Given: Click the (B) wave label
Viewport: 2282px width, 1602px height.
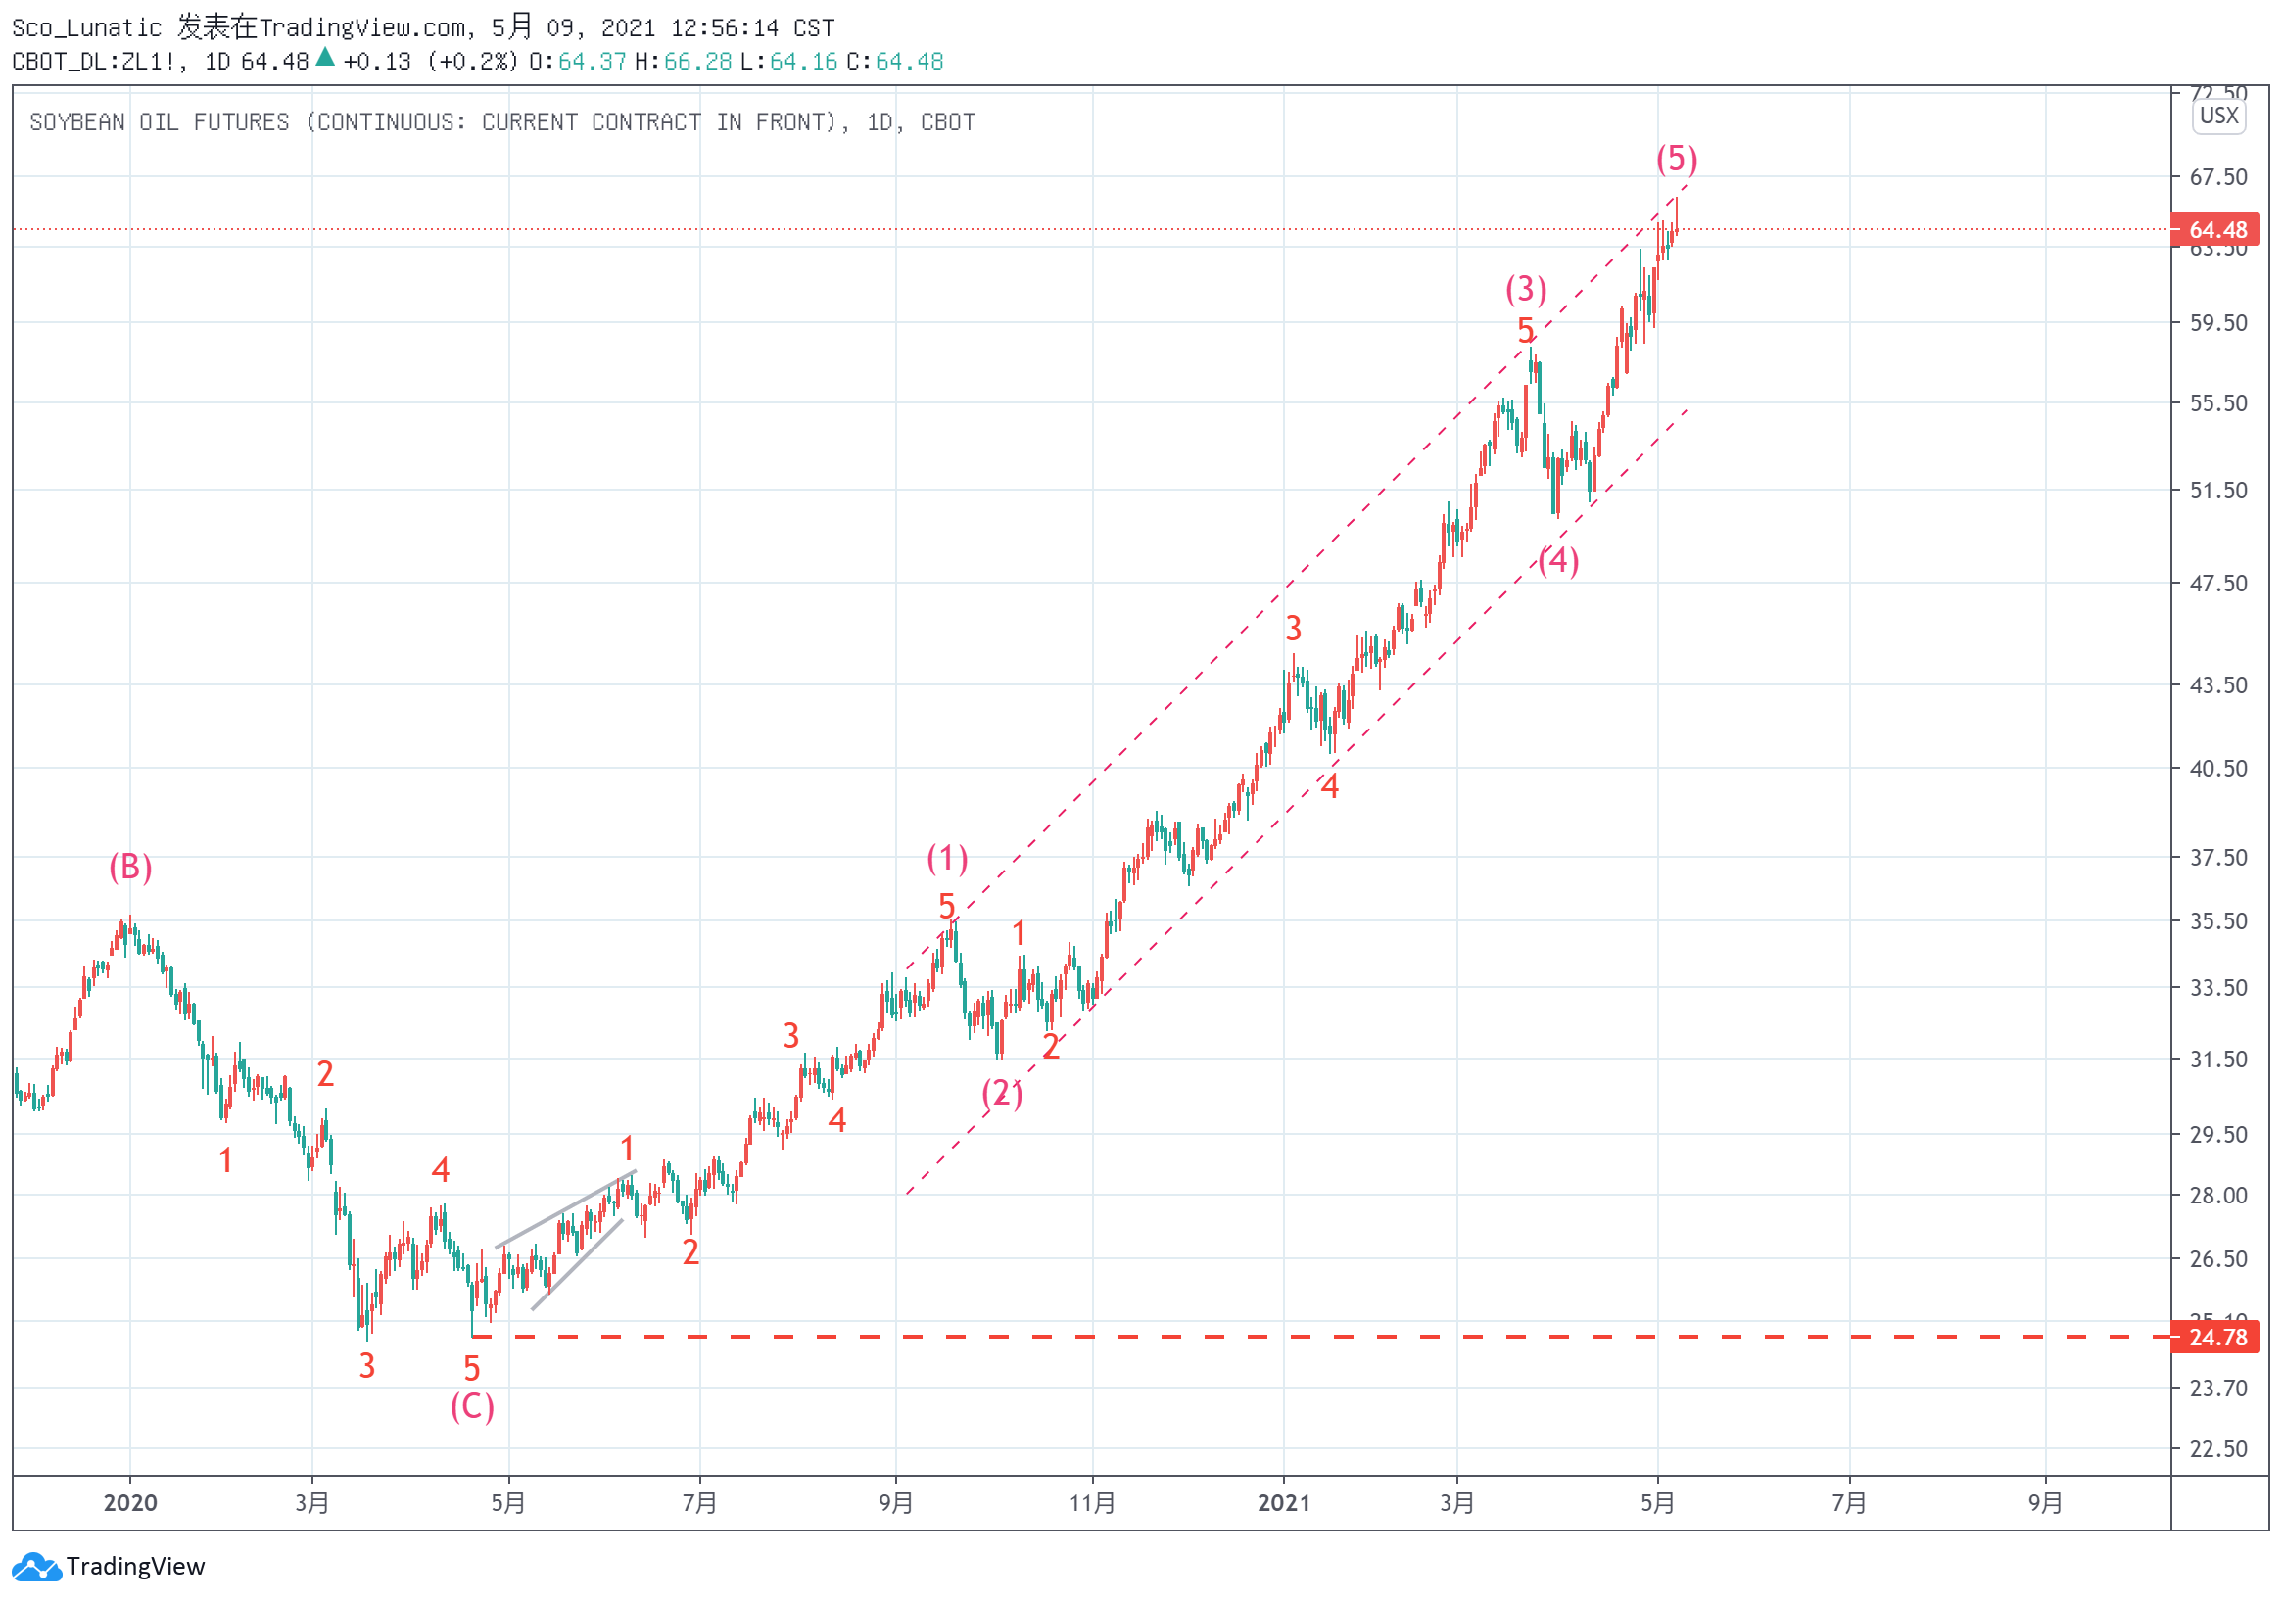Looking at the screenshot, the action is click(x=130, y=868).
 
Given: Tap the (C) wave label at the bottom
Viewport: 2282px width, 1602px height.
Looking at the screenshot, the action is click(x=472, y=1406).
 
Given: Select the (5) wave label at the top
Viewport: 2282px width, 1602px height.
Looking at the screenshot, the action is click(x=1677, y=159).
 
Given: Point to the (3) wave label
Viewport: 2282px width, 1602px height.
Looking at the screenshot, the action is click(x=1526, y=289).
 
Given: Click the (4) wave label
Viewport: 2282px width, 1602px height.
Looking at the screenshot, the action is click(x=1558, y=560).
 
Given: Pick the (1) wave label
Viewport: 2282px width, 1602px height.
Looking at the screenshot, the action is click(x=947, y=858).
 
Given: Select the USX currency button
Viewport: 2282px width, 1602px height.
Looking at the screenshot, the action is click(x=2218, y=116).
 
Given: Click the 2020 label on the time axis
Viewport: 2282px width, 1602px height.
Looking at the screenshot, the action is click(x=130, y=1503).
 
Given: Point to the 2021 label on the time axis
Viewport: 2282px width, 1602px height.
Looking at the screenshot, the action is click(x=1283, y=1503).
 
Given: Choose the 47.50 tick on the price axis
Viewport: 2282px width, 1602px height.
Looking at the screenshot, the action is click(x=2218, y=584).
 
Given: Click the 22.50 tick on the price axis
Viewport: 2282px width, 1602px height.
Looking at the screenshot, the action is click(x=2218, y=1449).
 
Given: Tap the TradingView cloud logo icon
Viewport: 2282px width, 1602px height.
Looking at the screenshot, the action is click(x=37, y=1567).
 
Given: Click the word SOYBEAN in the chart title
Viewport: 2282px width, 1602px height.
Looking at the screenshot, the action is click(x=77, y=122).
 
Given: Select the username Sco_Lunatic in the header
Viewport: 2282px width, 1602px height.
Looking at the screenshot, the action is click(x=86, y=27).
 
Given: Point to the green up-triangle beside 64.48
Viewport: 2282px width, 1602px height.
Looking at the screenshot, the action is click(x=325, y=58).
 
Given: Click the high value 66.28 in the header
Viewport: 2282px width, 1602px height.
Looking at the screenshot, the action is click(x=697, y=62).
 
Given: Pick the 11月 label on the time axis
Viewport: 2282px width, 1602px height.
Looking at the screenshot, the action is click(x=1092, y=1503).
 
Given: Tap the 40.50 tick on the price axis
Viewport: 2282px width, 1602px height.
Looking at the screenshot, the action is click(x=2218, y=769).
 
